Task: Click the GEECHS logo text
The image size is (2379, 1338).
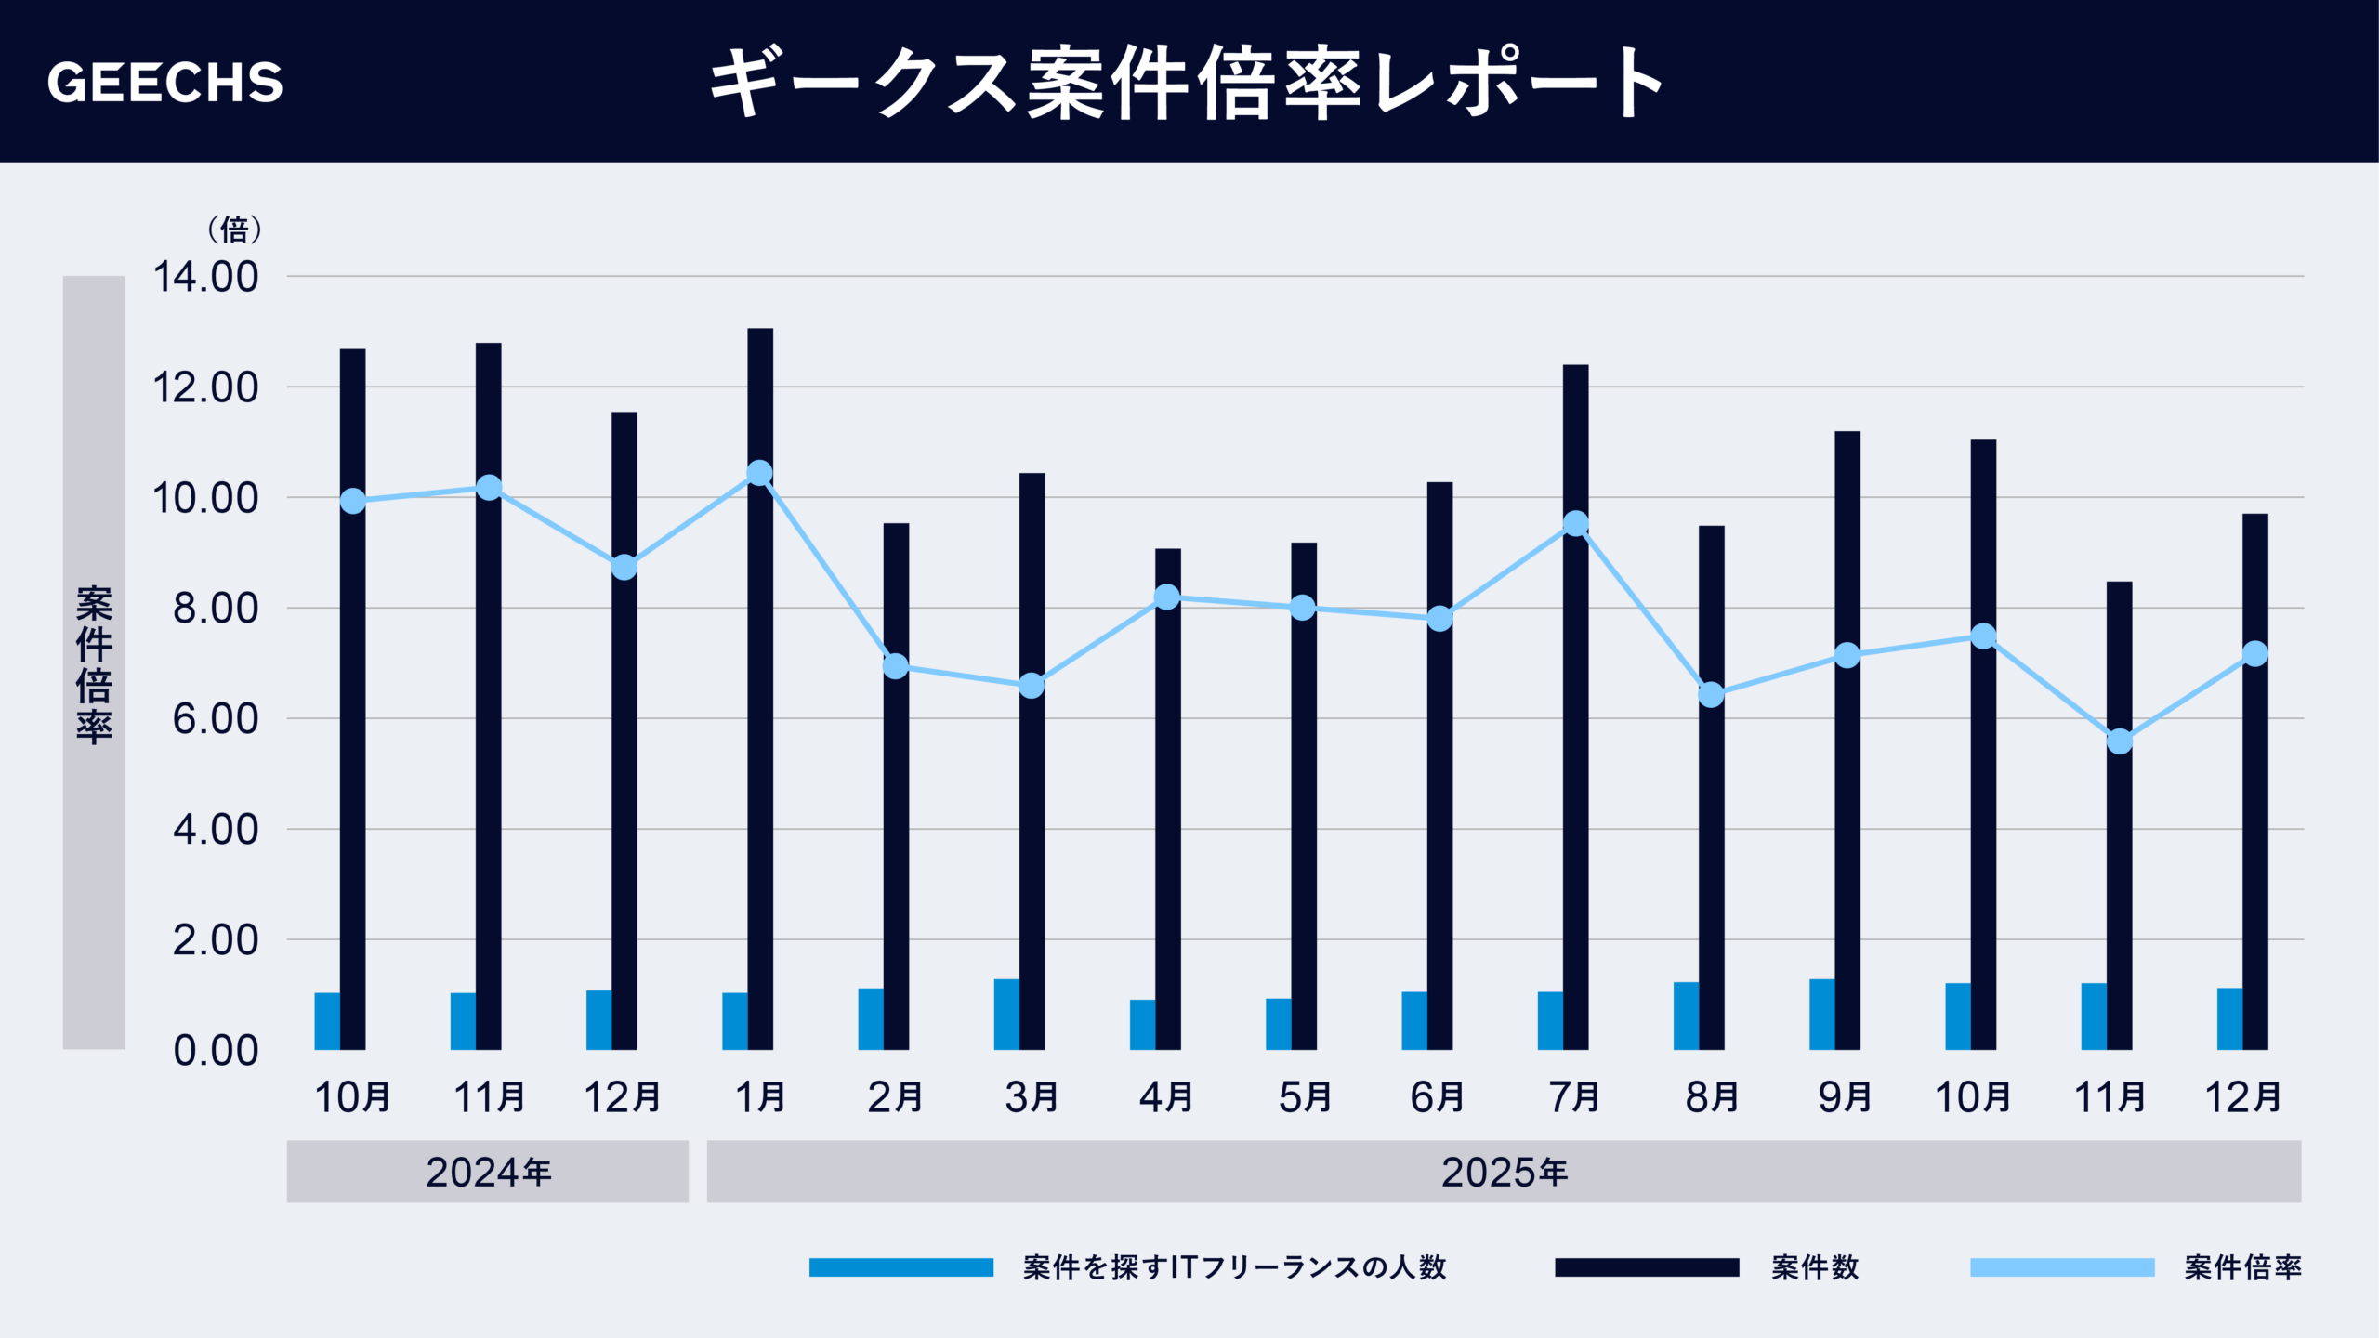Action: [164, 83]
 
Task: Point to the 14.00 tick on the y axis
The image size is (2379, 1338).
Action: [205, 277]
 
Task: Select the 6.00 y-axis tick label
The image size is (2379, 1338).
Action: [215, 719]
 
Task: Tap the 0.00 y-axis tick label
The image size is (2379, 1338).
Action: [215, 1051]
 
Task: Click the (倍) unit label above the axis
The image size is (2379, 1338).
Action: [233, 229]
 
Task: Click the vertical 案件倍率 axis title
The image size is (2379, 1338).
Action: [94, 663]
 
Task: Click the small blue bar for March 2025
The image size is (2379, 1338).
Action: [1006, 1015]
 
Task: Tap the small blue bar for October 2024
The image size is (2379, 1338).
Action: [327, 1021]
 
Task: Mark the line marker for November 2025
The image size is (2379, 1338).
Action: [2119, 741]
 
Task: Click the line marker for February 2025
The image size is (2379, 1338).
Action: [895, 666]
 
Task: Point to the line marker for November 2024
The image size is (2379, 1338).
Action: [489, 488]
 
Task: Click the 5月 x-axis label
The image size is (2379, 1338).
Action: [1304, 1097]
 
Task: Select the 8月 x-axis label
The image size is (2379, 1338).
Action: [1711, 1097]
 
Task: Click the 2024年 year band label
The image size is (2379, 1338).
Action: [488, 1172]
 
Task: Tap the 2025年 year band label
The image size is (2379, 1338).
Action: [1504, 1172]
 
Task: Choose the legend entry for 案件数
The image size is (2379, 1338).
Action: [1813, 1267]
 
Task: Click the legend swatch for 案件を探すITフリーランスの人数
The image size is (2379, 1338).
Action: [900, 1267]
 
